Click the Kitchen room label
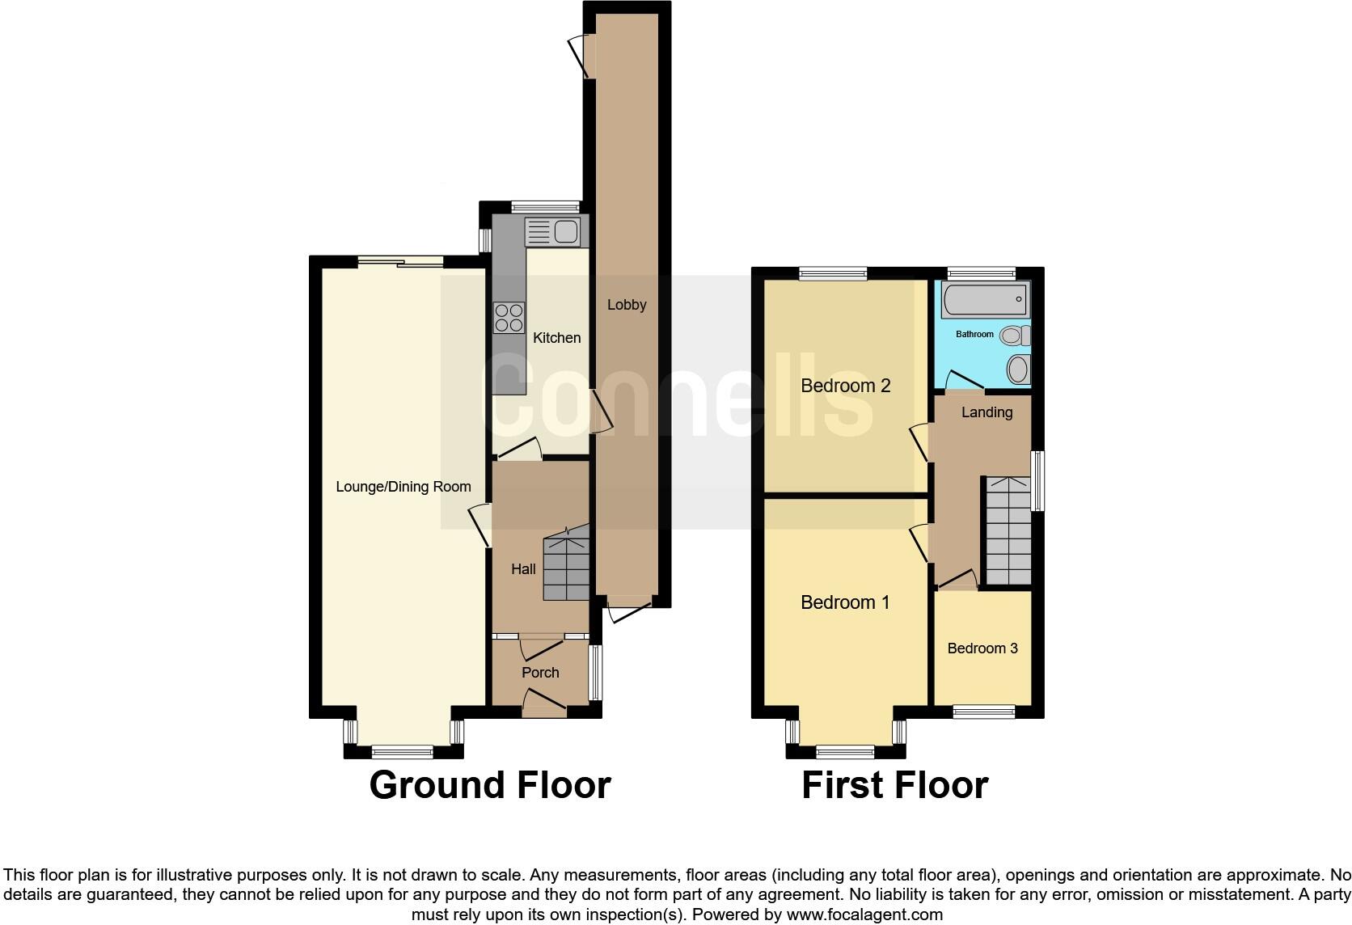[556, 338]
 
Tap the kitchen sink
[552, 233]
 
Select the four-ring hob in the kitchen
[509, 317]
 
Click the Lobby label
[627, 305]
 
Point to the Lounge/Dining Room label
[403, 487]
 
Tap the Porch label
[540, 673]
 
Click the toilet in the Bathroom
[1014, 335]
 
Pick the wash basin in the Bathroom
[1018, 370]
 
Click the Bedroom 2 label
[845, 386]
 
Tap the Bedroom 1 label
[845, 602]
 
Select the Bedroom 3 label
[982, 648]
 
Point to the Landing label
[987, 412]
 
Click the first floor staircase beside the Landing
[1008, 531]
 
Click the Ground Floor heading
[489, 785]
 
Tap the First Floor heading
[894, 785]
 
